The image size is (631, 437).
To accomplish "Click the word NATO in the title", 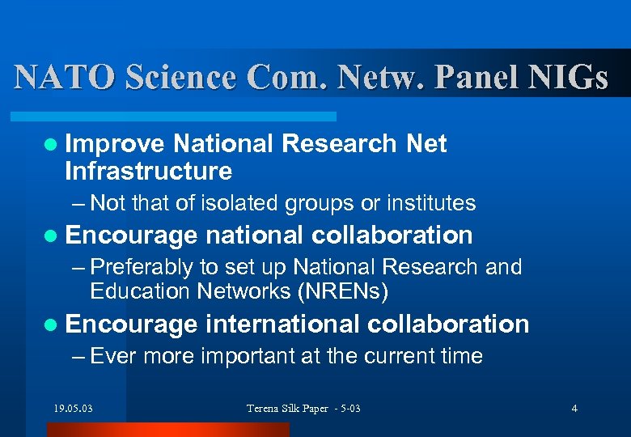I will (66, 77).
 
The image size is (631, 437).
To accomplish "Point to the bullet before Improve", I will (52, 144).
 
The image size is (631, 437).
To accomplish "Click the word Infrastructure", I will (148, 172).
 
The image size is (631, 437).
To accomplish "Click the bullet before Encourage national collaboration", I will (52, 235).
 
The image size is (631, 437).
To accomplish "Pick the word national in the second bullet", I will (254, 235).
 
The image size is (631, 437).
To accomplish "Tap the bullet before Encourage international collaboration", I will (52, 325).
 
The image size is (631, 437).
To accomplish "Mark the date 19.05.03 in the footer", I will (73, 408).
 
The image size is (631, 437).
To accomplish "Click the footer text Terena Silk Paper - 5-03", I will (303, 408).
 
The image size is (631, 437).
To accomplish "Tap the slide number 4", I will (574, 408).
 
